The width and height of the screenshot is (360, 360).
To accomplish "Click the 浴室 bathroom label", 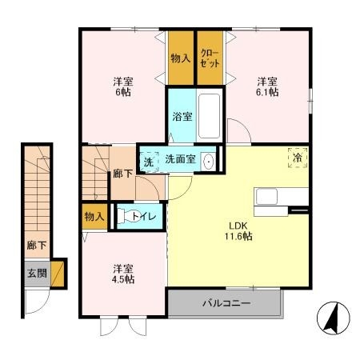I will (182, 117).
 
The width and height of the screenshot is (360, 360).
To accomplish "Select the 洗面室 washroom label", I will (181, 159).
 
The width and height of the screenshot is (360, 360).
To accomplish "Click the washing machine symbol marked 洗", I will (149, 159).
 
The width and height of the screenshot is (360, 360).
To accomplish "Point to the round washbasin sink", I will (209, 160).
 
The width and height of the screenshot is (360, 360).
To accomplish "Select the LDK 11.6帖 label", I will (238, 230).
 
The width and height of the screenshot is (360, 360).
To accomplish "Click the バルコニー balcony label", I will (225, 304).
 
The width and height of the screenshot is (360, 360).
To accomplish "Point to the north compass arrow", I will (331, 319).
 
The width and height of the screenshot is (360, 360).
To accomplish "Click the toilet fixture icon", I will (126, 215).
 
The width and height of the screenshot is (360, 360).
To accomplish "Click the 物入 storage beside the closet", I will (181, 58).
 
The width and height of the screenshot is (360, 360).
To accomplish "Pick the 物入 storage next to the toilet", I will (94, 216).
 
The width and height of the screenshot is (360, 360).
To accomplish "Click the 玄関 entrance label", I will (35, 274).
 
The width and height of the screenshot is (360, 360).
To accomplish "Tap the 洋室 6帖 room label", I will (122, 86).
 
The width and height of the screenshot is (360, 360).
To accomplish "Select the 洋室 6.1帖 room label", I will (267, 86).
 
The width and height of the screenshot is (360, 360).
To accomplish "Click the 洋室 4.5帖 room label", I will (122, 274).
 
